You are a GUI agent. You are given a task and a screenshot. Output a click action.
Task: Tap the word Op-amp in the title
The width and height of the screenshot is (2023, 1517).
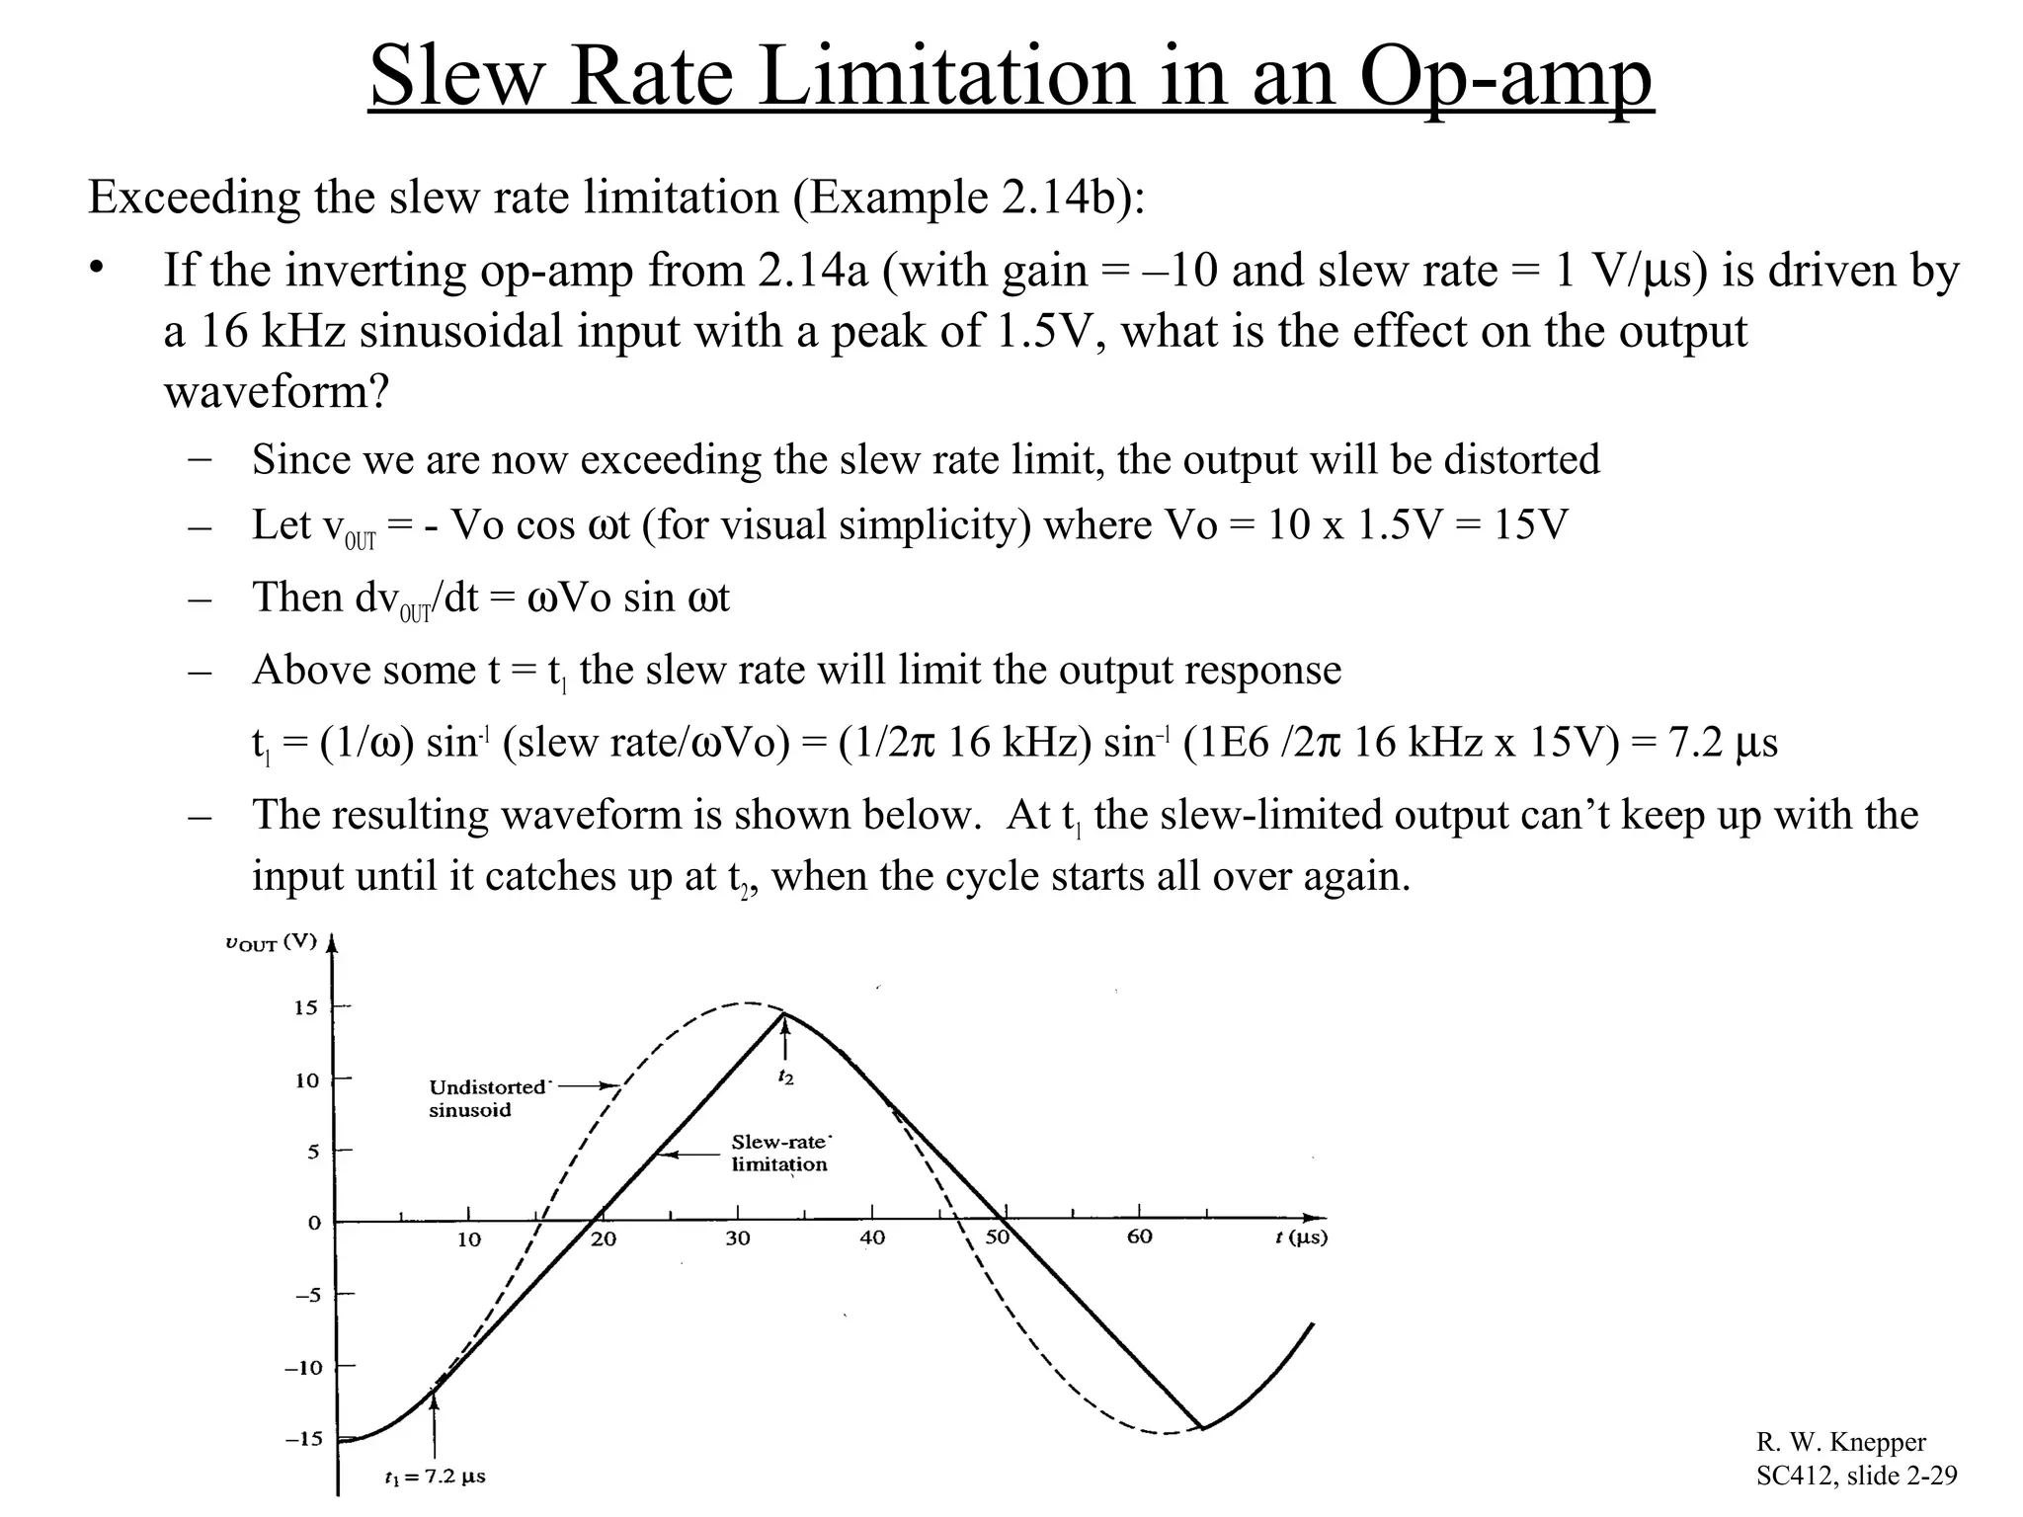click(x=1505, y=78)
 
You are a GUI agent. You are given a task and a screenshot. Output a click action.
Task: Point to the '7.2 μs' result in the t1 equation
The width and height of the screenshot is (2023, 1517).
click(x=1723, y=742)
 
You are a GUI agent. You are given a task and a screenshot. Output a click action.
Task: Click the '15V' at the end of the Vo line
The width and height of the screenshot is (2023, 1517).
click(x=1530, y=524)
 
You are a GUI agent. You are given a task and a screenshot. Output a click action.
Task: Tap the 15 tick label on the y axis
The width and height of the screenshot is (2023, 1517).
click(x=306, y=1007)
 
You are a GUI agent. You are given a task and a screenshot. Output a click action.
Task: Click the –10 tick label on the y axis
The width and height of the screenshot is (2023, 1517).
click(x=304, y=1368)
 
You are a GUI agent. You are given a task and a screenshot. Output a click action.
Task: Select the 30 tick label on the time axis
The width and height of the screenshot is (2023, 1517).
click(x=738, y=1238)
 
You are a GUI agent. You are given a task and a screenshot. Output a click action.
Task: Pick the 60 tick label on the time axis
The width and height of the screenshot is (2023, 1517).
click(x=1139, y=1237)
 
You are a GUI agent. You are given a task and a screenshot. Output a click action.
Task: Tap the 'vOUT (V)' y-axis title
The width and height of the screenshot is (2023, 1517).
click(x=271, y=942)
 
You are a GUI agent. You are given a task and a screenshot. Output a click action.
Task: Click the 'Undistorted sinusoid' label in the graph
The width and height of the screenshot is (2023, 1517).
click(x=486, y=1098)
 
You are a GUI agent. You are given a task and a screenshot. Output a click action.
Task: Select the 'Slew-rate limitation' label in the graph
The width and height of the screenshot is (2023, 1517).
click(x=779, y=1154)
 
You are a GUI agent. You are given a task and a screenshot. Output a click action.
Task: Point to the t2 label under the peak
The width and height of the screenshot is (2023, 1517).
click(x=785, y=1077)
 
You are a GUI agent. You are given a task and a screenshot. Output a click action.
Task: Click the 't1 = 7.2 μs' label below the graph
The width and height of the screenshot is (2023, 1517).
click(x=435, y=1477)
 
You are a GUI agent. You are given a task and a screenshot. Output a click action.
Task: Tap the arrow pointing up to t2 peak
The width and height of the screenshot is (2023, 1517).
click(x=785, y=1038)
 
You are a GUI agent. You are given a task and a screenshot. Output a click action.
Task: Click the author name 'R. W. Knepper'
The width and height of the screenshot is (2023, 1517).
click(x=1840, y=1442)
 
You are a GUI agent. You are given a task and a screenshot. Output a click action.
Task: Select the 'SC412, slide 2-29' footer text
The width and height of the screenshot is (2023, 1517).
click(x=1856, y=1476)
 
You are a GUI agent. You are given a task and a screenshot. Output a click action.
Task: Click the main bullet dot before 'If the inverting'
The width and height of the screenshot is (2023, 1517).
click(x=96, y=270)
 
